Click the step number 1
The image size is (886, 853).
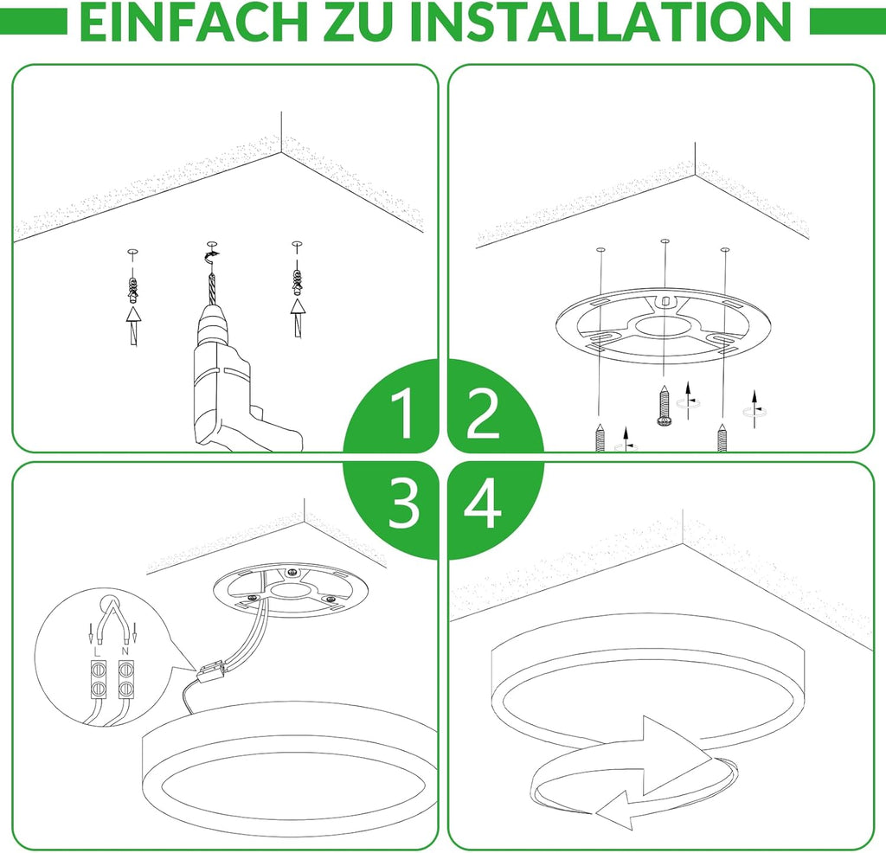(x=402, y=414)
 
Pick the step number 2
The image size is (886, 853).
(x=483, y=414)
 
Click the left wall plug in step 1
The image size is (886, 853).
(x=132, y=288)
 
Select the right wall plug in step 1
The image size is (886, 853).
(x=296, y=281)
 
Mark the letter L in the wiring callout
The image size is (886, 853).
(x=99, y=651)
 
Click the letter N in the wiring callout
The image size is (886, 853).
(x=125, y=651)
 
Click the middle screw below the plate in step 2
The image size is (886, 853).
(x=664, y=405)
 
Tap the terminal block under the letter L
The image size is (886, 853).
(x=99, y=678)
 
